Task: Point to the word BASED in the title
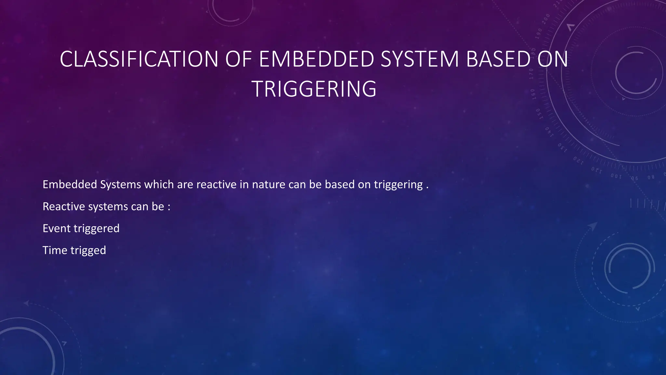point(498,59)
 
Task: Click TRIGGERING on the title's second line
point(314,89)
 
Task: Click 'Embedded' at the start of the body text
point(70,185)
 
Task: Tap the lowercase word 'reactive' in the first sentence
point(216,185)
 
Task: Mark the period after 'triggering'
point(427,187)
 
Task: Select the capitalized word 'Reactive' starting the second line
point(64,206)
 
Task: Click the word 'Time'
point(55,250)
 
